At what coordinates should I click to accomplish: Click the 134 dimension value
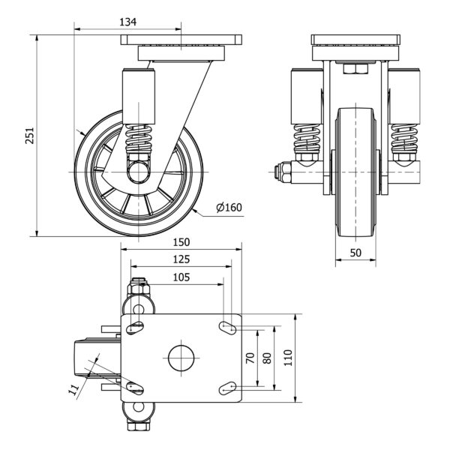click(128, 22)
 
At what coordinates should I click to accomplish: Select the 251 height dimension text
click(30, 136)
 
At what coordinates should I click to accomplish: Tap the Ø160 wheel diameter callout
click(229, 207)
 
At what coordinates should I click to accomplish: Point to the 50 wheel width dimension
click(355, 253)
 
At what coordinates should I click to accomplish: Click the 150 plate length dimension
click(181, 242)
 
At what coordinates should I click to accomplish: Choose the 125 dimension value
click(181, 259)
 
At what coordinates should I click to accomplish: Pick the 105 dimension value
click(181, 277)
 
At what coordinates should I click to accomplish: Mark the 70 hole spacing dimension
click(250, 358)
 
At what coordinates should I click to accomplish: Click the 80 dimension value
click(267, 358)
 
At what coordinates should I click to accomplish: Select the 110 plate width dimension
click(288, 358)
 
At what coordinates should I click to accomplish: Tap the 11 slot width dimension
click(73, 389)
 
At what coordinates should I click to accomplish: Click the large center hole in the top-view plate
click(181, 358)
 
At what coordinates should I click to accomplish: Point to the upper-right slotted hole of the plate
click(228, 328)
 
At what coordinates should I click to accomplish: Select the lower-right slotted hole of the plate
click(228, 388)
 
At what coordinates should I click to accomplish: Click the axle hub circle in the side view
click(139, 172)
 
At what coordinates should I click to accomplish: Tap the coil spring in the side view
click(139, 138)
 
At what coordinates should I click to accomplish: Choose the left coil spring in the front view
click(307, 138)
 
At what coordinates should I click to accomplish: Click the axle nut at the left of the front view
click(283, 172)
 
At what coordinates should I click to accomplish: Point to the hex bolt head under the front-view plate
click(355, 69)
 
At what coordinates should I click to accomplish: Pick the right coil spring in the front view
click(404, 138)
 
